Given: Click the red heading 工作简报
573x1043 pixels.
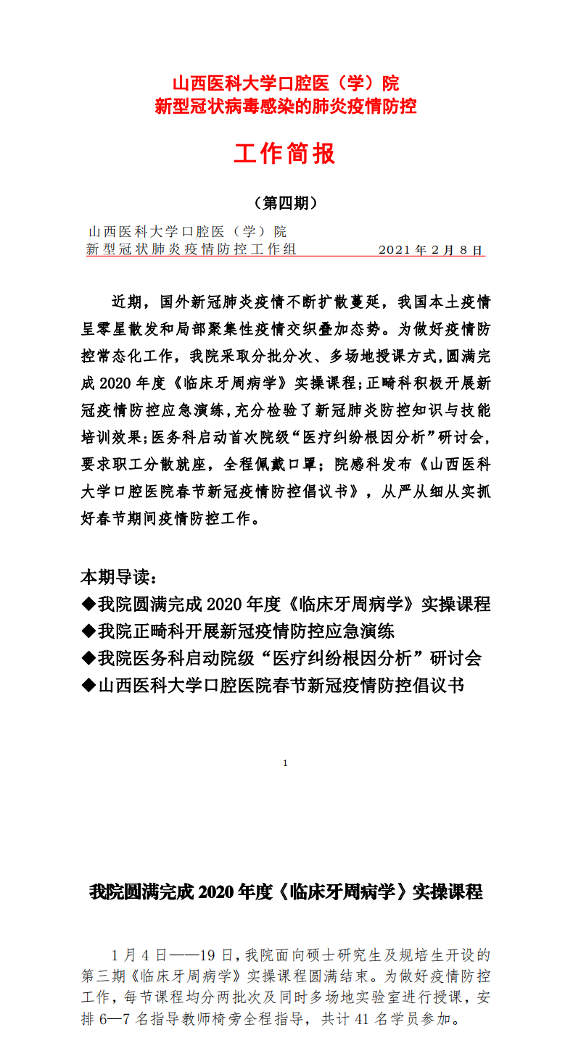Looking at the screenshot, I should pos(285,154).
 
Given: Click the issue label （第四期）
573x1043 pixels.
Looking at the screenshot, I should pos(286,204).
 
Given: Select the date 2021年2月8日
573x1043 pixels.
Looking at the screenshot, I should pos(430,250).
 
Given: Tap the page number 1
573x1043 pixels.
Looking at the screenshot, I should pos(285,762).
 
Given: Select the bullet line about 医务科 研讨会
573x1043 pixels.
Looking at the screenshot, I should pos(281,657).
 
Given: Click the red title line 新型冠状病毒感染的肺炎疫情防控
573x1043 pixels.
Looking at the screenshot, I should pos(286,107).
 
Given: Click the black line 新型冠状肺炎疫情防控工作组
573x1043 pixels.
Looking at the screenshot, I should pos(191,250).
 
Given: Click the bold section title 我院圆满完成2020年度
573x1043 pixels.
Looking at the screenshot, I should pos(285,892).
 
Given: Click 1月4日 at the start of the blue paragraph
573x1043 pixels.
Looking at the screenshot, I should pos(138,953).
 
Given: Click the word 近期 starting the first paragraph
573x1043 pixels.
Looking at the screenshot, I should pos(123,301).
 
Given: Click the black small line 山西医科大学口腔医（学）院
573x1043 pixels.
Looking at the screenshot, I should pos(186,232).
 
